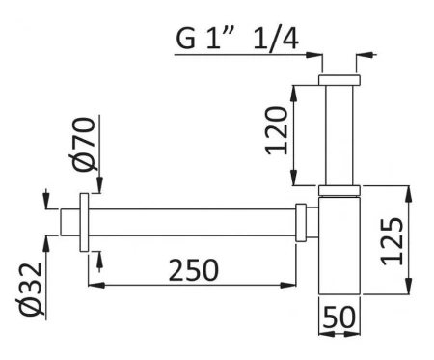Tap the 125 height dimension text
tap(391, 240)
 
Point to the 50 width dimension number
tap(338, 317)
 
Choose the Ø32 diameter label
tap(30, 289)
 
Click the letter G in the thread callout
tap(185, 41)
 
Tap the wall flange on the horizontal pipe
tap(88, 221)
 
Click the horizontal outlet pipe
tap(193, 221)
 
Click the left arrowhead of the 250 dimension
tap(93, 284)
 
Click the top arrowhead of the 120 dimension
tap(294, 90)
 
